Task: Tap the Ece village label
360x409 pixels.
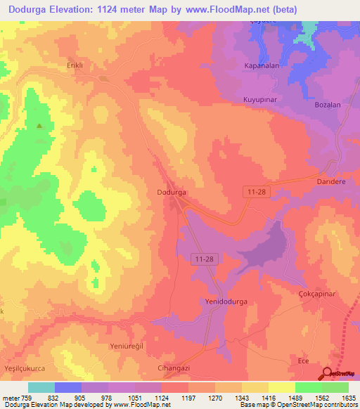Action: (x=304, y=361)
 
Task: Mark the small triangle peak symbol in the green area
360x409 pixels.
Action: (x=40, y=127)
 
